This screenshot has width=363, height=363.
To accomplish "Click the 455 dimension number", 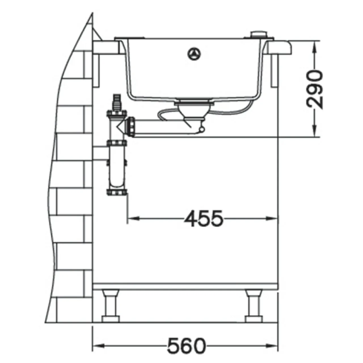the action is coord(203,219).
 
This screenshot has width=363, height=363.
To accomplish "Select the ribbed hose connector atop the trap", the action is coord(117,103).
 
